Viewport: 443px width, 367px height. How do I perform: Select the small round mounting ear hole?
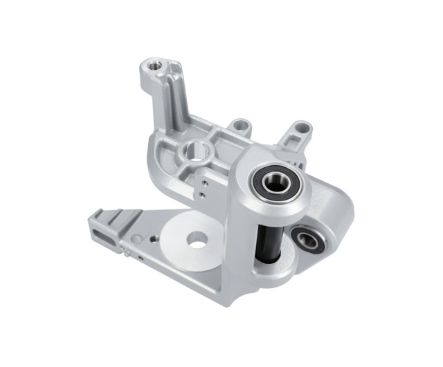coord(239,126)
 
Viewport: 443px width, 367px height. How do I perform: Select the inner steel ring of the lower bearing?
coord(305,240)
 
